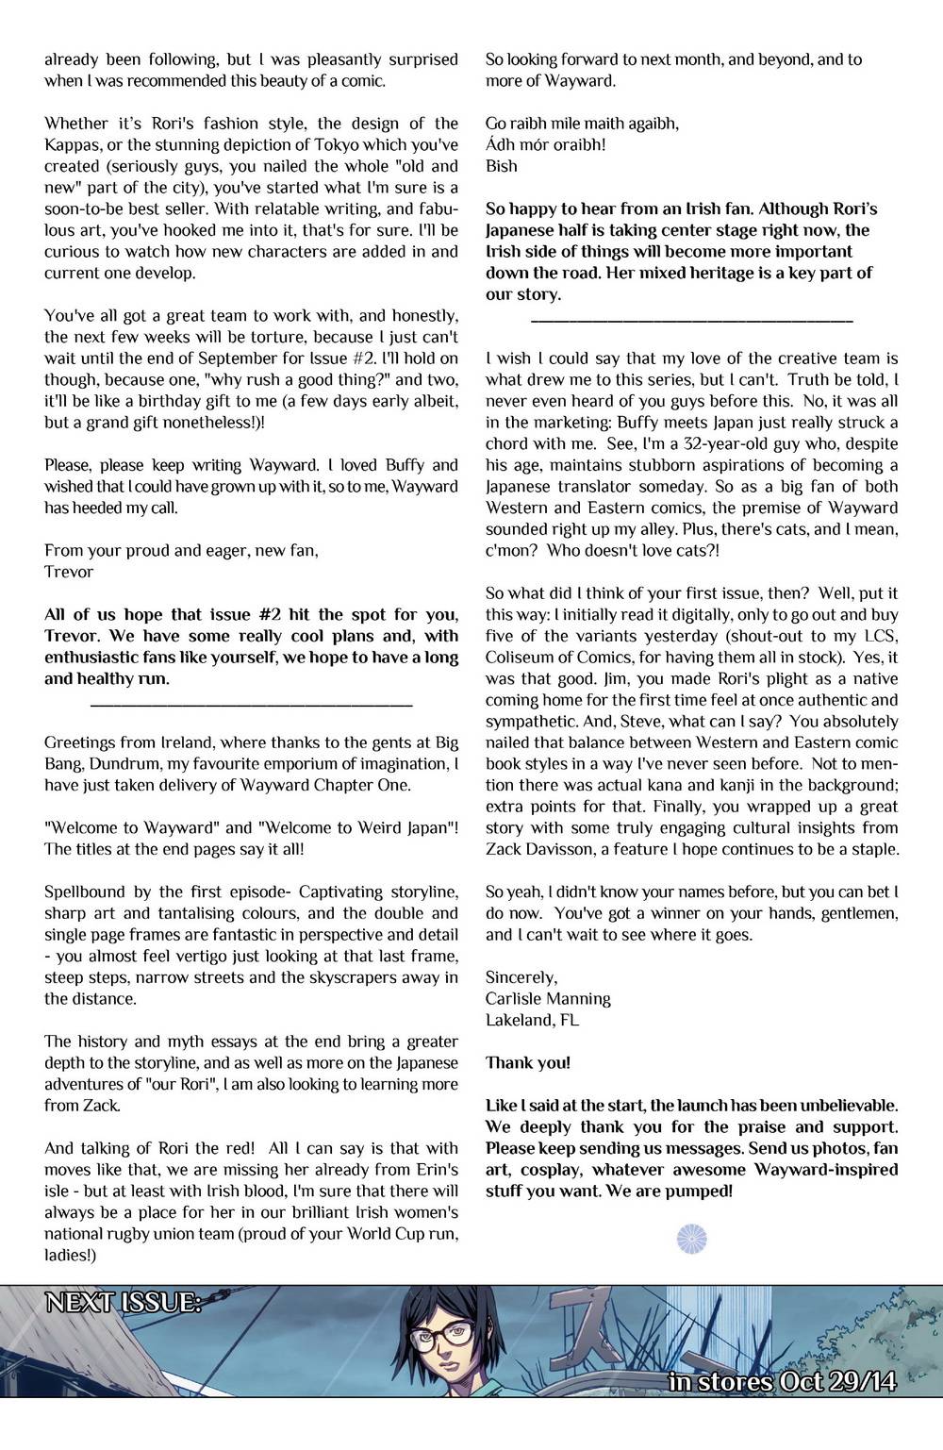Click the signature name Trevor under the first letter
(69, 572)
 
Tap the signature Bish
(502, 166)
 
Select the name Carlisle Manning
(548, 998)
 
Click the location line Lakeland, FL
(533, 1020)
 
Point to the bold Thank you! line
(527, 1062)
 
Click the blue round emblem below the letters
(693, 1239)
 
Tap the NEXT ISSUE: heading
(124, 1304)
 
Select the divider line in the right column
(692, 322)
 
